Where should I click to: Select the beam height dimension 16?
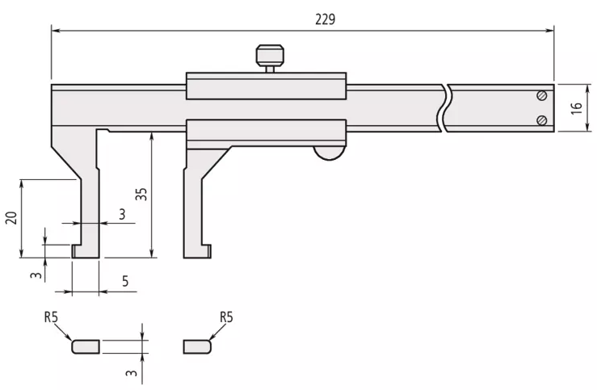[576, 108]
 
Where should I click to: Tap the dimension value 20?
[11, 218]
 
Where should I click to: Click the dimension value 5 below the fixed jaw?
[124, 281]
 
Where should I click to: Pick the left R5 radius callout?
[51, 317]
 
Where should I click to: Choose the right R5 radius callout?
[225, 317]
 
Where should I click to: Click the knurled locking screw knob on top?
[270, 56]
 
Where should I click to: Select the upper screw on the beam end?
[541, 96]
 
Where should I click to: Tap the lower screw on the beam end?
[541, 120]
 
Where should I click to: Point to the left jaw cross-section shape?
[86, 346]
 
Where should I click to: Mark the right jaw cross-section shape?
[197, 346]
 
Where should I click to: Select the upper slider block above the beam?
[266, 86]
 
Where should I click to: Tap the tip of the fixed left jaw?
[86, 252]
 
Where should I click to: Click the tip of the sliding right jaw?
[197, 252]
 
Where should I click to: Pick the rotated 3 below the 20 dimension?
[36, 275]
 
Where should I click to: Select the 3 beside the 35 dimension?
[122, 213]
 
